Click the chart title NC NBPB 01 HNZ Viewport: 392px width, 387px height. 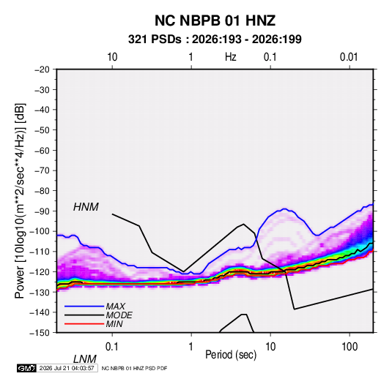pos(215,20)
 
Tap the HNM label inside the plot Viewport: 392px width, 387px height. pos(86,207)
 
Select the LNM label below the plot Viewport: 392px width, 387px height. pos(84,359)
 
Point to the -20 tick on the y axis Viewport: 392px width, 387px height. pos(42,69)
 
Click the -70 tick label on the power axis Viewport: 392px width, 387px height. pos(42,170)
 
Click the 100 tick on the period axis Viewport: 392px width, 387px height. pos(350,347)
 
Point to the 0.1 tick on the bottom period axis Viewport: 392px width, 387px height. pos(111,347)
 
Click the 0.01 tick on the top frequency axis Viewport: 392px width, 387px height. pos(349,57)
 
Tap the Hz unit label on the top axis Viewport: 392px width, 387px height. pos(231,57)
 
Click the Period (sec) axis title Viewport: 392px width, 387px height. pos(231,355)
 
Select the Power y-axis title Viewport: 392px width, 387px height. pos(20,201)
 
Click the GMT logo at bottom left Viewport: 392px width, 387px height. pos(27,368)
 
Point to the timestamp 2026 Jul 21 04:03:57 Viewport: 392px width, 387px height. pos(67,368)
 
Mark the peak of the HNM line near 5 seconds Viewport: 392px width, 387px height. pos(243,224)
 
